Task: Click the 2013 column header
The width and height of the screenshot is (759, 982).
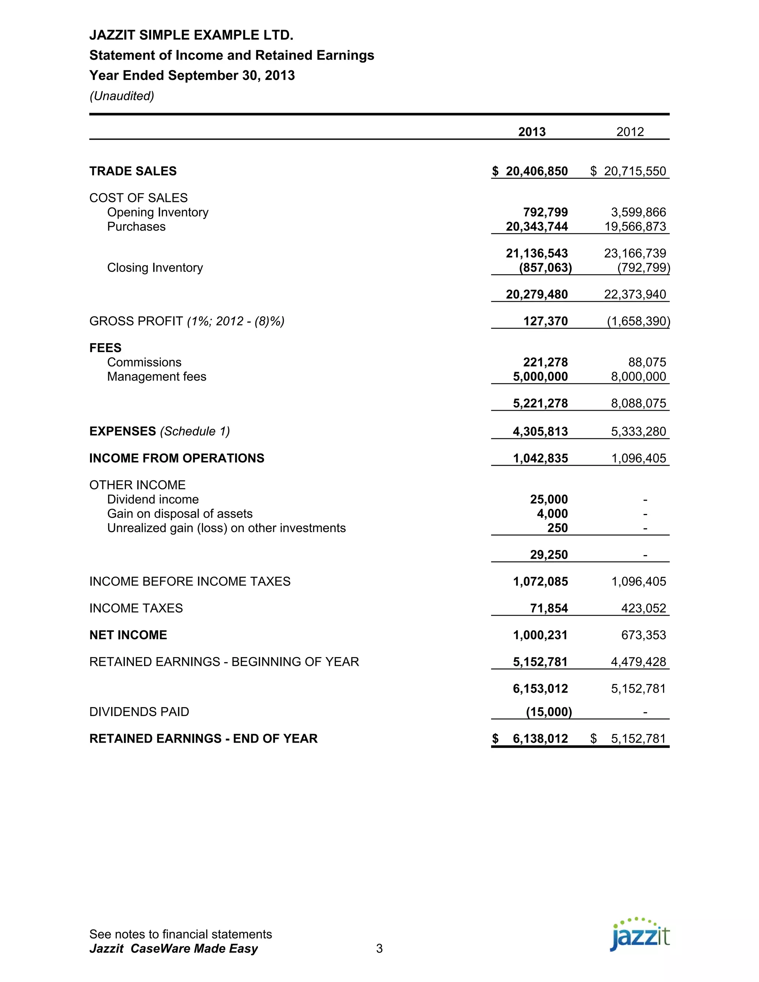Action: (x=531, y=132)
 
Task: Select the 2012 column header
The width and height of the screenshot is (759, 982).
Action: (x=630, y=132)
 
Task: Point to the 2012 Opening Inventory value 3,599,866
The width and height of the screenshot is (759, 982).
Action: (x=638, y=212)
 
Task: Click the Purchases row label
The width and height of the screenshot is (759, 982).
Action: (x=136, y=227)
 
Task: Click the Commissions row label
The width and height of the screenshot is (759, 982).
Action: (x=144, y=362)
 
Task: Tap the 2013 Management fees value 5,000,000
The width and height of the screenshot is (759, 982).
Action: (x=540, y=377)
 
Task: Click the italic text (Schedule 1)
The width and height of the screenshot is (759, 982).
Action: (x=195, y=432)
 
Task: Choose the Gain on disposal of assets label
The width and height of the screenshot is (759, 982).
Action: (x=179, y=514)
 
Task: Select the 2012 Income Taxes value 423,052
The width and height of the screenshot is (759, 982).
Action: (x=643, y=608)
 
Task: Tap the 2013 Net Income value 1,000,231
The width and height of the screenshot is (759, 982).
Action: (x=540, y=635)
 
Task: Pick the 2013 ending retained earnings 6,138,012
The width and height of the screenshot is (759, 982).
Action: (x=540, y=739)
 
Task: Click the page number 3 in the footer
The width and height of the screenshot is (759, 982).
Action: (x=379, y=949)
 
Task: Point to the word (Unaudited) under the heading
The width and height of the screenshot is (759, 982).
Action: (x=122, y=96)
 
